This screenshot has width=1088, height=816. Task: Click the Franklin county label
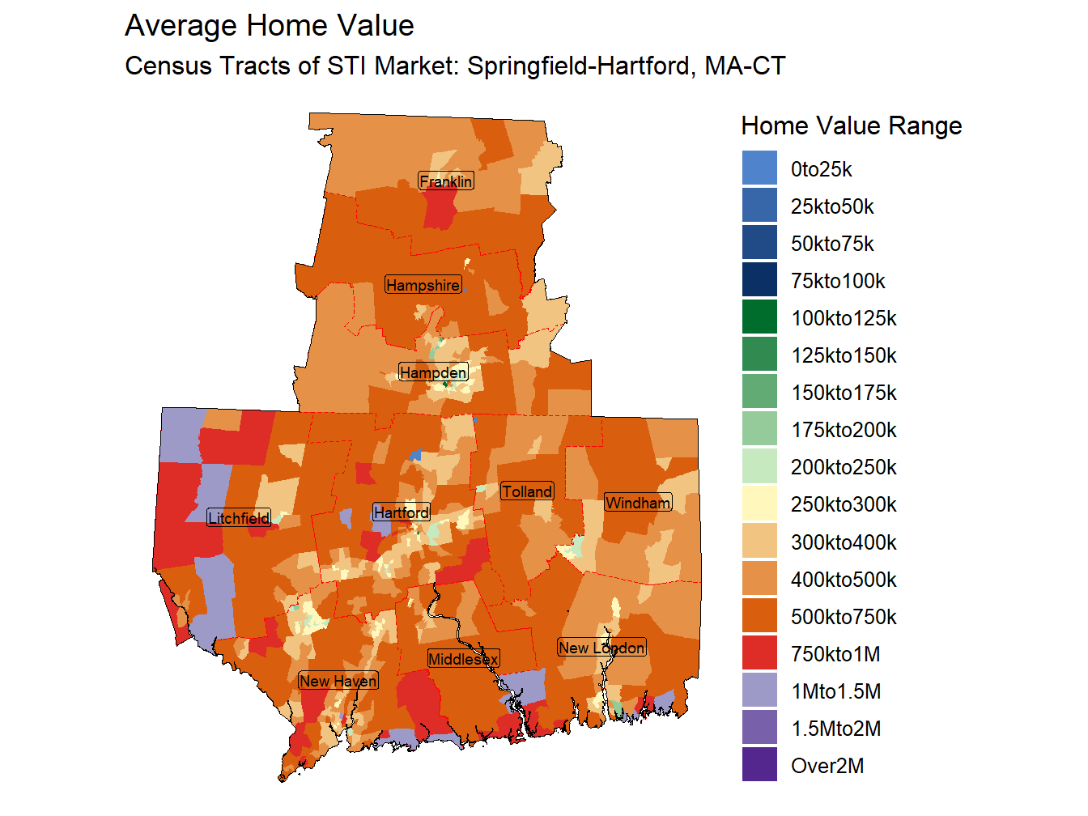coord(446,181)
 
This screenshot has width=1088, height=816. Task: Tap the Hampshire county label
coord(423,285)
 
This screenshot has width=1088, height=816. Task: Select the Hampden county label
coord(434,372)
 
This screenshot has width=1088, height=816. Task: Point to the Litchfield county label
coord(239,518)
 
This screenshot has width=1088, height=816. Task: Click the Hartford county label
coord(402,512)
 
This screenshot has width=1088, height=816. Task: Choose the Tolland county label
coord(527,491)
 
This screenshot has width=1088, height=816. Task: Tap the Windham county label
coord(638,503)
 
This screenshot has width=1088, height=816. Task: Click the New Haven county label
coord(338,681)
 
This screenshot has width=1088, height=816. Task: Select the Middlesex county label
coord(463,659)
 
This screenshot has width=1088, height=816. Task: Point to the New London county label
coord(601,648)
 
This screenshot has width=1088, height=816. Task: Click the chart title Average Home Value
coord(269,26)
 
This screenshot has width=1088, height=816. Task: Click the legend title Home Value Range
coord(851,126)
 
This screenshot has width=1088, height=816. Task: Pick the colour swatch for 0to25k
coord(759,168)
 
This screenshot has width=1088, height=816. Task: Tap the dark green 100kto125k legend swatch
coord(759,317)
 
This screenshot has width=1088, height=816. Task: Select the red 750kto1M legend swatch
coord(759,653)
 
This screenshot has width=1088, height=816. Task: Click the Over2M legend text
coord(827,766)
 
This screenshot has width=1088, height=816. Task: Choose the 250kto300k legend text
coord(844,504)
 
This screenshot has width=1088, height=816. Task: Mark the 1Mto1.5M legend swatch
coord(759,691)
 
